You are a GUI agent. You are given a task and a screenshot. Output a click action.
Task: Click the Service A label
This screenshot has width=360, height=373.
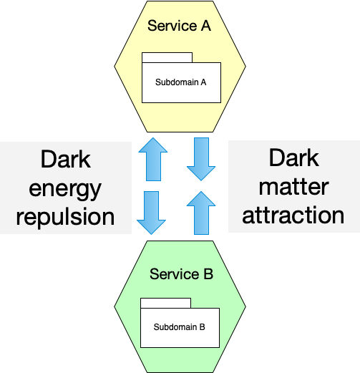(179, 26)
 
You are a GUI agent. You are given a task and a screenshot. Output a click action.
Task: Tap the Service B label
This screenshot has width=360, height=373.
(181, 273)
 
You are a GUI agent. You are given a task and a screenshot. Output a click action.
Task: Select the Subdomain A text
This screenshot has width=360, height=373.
(180, 82)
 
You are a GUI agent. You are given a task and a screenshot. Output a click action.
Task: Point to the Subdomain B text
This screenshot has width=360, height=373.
(179, 327)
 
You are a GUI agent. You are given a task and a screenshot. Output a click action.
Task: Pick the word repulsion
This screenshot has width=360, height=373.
(65, 218)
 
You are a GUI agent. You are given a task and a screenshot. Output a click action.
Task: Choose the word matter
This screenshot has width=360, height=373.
(294, 187)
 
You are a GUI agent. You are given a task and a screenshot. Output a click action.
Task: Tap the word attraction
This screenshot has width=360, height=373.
(293, 215)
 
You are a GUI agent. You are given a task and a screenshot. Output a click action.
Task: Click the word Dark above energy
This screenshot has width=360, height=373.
(66, 159)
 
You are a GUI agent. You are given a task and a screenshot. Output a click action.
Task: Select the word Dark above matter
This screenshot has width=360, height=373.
(294, 158)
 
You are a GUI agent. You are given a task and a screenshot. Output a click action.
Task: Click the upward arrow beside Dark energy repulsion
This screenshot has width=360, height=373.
(153, 159)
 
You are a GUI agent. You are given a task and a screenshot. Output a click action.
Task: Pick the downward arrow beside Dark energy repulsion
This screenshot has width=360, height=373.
(151, 213)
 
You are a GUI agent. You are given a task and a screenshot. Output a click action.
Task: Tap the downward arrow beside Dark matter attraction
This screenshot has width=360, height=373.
(201, 159)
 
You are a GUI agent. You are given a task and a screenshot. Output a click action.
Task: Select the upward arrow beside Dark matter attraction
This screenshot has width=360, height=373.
(201, 213)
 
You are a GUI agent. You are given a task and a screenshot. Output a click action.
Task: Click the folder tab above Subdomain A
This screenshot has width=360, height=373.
(167, 57)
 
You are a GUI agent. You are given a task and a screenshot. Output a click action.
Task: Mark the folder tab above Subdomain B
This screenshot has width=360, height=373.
(165, 303)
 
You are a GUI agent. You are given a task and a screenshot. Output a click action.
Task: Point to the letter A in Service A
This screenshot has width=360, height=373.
(206, 26)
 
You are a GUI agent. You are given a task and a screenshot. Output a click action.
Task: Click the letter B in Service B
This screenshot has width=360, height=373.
(208, 274)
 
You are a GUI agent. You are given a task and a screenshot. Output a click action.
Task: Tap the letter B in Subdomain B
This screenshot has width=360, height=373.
(203, 327)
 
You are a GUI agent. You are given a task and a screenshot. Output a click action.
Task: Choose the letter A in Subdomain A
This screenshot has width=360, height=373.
(203, 82)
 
